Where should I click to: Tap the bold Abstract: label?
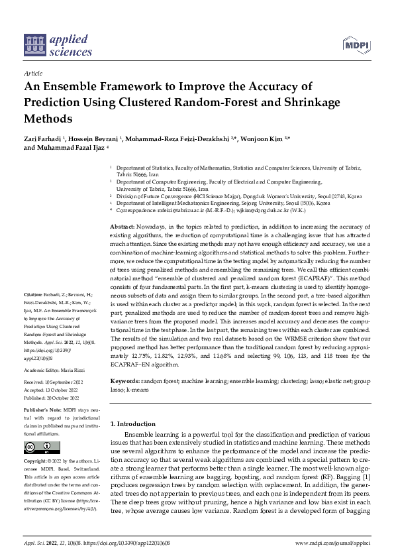coord(123,227)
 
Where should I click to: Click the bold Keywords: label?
coord(125,382)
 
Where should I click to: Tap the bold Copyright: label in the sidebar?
coord(36,459)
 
